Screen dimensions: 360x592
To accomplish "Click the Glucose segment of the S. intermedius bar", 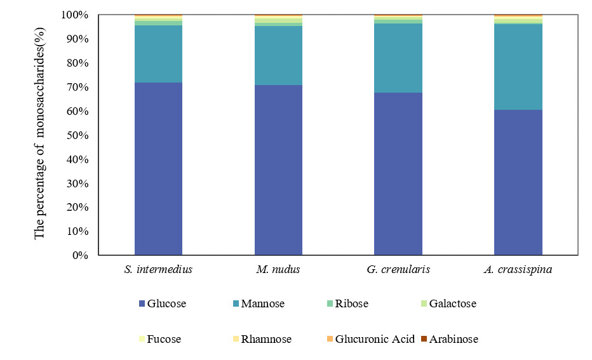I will pos(158,169).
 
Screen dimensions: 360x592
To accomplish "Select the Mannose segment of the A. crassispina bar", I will pos(518,67).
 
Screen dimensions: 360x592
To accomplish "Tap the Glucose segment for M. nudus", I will pos(278,170).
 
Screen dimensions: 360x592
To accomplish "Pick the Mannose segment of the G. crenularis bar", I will pos(398,58).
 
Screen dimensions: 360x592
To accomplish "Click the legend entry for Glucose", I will pos(162,303).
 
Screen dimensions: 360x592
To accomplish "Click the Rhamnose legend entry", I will pos(262,339).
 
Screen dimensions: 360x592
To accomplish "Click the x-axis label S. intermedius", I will pos(158,269).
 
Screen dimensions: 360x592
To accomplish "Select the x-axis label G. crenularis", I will pos(398,269).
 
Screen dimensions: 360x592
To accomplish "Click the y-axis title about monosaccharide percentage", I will pos(40,133).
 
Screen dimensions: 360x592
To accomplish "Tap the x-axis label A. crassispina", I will pos(518,269).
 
